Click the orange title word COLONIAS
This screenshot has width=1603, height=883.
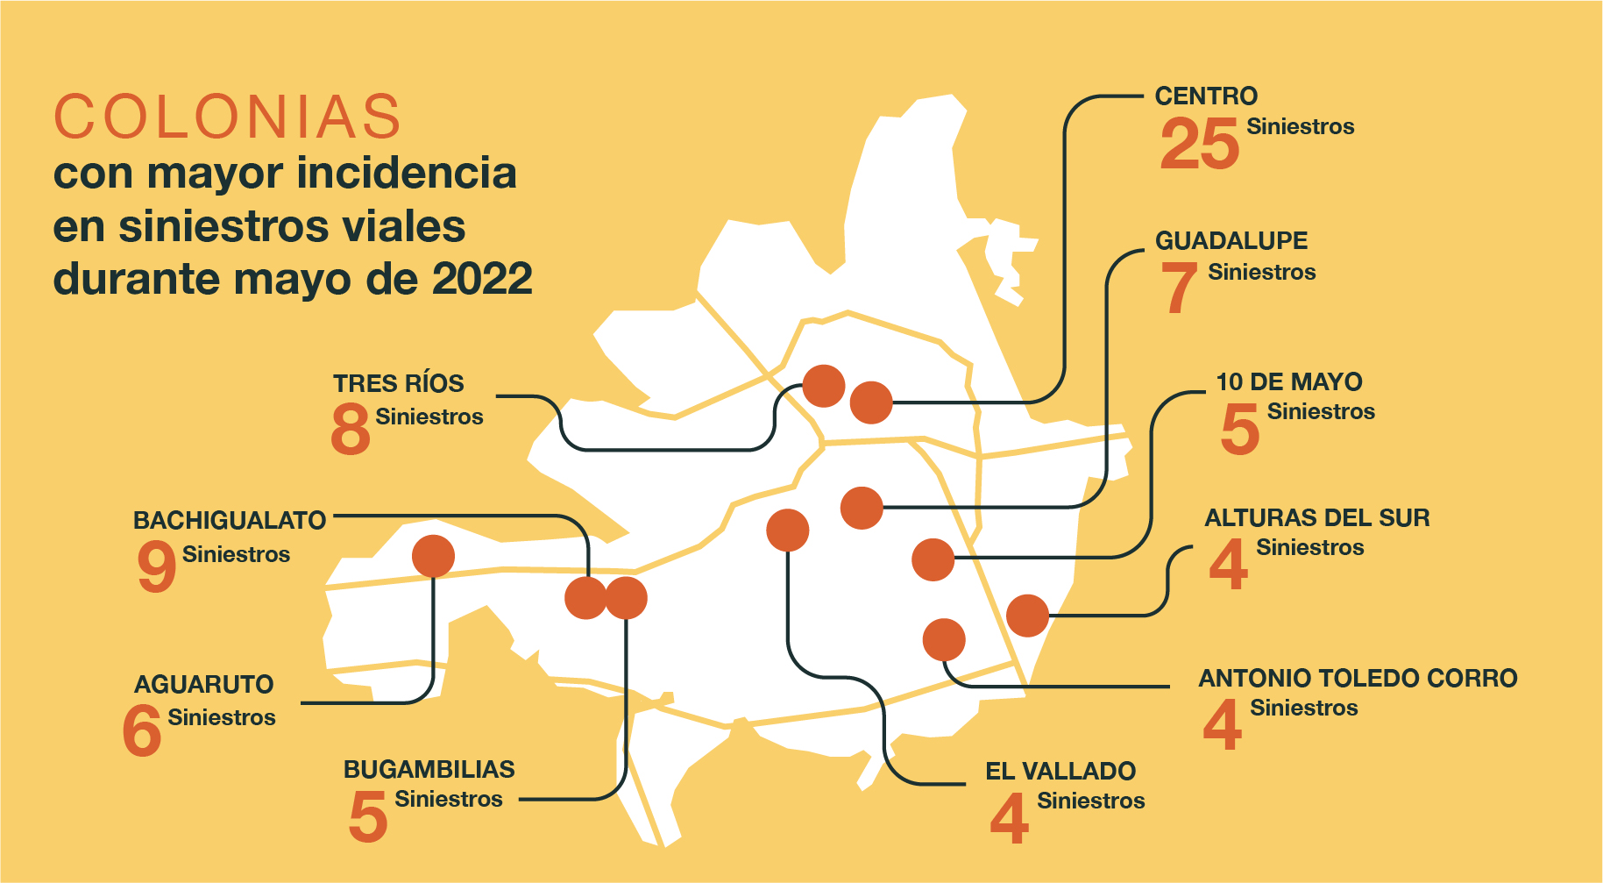coord(228,117)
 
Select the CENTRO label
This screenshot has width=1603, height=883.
coord(1206,96)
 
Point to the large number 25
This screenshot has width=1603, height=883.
coord(1199,144)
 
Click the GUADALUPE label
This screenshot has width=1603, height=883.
coord(1231,240)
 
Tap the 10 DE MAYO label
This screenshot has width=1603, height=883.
coord(1288,381)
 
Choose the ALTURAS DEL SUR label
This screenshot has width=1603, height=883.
coord(1316,517)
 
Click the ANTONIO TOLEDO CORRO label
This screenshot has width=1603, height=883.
coord(1358,678)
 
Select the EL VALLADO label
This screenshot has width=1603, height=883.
coord(1060,771)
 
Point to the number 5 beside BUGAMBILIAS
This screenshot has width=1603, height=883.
coord(368,816)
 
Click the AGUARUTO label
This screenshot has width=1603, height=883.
coord(203,684)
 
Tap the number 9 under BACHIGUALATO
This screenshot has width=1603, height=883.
coord(157,566)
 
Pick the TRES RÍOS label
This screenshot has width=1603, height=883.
coord(398,383)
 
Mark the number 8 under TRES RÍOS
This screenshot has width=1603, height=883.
coord(351,429)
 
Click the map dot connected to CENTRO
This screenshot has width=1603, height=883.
coord(871,402)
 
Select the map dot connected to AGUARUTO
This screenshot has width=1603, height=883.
coord(433,556)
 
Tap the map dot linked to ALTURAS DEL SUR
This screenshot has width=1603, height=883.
coord(1027,616)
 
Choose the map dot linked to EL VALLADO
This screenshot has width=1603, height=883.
coord(787,531)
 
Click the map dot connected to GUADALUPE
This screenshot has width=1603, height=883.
coord(862,508)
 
